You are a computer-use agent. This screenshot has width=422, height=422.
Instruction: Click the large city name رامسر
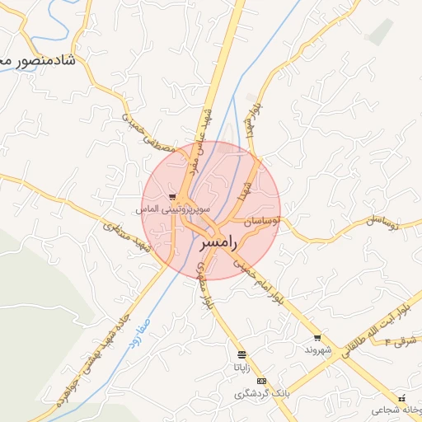click(221, 242)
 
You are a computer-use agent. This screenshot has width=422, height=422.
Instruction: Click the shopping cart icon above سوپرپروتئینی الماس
click(171, 197)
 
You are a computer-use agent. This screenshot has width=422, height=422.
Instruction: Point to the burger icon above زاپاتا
click(241, 354)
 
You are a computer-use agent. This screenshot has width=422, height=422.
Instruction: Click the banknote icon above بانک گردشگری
click(262, 381)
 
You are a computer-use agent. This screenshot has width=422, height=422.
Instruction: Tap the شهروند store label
click(317, 349)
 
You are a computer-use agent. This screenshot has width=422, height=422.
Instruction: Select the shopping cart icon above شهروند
click(317, 338)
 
